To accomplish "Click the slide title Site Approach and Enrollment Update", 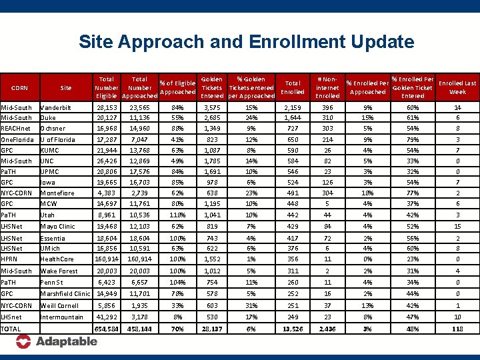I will pos(246,43).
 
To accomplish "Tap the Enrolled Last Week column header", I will pos(457,87).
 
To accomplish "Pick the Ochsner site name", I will pos(54,128).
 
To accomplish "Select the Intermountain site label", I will pos(62,317).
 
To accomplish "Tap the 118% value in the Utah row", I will pos(177,215).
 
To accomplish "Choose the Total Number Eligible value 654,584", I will pos(107,329).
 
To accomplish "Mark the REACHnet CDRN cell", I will pos(15,128).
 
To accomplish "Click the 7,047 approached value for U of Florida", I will pos(140,140).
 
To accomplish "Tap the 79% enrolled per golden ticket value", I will pos(413,140).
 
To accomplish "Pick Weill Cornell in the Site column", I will pos(61,305).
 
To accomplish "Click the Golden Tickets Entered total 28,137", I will pos(212,329).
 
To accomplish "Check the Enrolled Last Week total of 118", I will pos(457,329).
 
